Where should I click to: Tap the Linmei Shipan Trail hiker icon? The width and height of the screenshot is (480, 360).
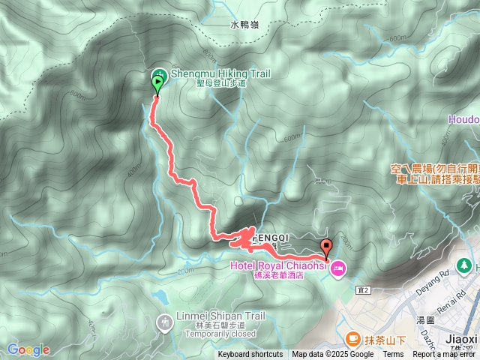tap(164, 322)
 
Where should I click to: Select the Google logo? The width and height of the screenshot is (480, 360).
tap(28, 349)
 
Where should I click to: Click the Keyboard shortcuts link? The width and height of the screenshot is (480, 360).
tap(250, 355)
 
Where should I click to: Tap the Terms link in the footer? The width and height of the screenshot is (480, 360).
tap(393, 355)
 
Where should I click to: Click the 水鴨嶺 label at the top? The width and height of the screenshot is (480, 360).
tap(244, 25)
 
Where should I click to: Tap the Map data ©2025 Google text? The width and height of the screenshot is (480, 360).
tap(332, 355)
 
